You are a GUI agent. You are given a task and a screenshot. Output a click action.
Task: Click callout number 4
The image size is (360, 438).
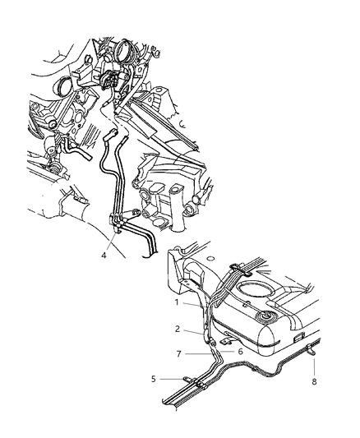(103, 256)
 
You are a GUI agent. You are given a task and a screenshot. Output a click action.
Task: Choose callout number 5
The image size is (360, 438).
(154, 380)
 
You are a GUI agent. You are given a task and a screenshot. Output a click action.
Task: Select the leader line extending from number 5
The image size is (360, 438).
(172, 380)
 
